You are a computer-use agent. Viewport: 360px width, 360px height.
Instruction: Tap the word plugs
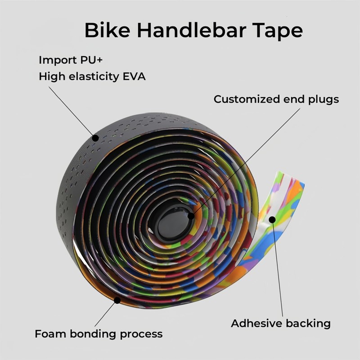323,100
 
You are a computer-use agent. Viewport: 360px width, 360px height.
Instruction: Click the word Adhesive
255,323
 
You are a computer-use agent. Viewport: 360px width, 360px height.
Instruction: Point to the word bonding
95,334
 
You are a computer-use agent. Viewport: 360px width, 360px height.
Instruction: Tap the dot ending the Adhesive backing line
272,220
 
